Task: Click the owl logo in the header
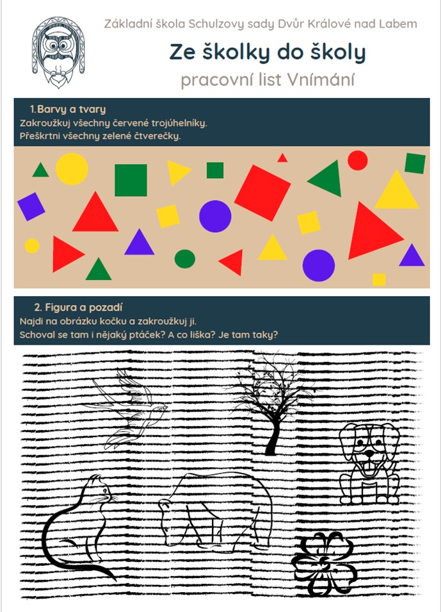tap(58, 51)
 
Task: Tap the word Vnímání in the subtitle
tap(321, 79)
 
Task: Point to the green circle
tap(185, 259)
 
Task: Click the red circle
tap(358, 160)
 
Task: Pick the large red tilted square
tap(262, 193)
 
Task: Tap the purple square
tap(31, 206)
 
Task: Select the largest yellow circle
tap(72, 169)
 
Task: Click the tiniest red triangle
tap(282, 158)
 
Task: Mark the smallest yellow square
tap(379, 279)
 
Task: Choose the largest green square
tap(131, 180)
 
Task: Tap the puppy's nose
tap(369, 453)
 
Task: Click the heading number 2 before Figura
tap(38, 308)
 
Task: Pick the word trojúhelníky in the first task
tap(179, 123)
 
